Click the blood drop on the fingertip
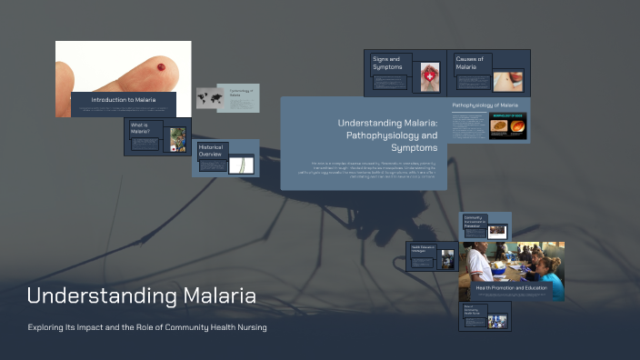click(161, 66)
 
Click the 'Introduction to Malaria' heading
click(123, 98)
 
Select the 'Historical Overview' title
click(211, 150)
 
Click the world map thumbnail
click(210, 98)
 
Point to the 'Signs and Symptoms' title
click(386, 63)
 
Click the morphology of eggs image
click(508, 125)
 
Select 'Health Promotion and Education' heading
click(511, 287)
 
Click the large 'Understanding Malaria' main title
click(141, 295)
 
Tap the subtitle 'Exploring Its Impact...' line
click(146, 327)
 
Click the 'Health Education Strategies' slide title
click(423, 248)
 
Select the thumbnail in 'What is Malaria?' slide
click(177, 138)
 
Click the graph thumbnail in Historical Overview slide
click(242, 165)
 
